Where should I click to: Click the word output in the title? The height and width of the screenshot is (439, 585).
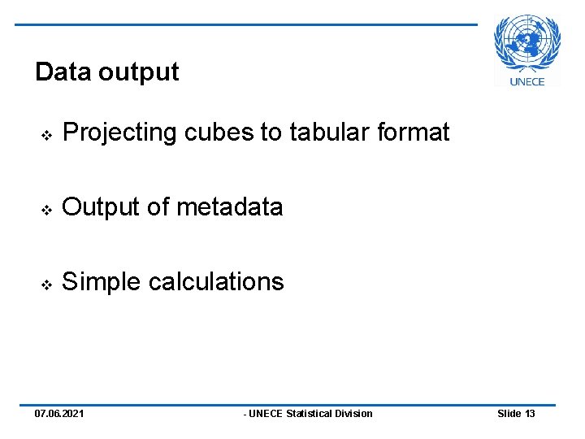138,73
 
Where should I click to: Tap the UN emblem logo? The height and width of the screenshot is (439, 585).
527,46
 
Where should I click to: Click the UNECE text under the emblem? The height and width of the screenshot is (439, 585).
527,81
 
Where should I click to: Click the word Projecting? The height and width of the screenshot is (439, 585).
120,133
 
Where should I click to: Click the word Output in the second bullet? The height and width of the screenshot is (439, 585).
101,207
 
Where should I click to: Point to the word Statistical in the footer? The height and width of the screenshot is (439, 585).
313,414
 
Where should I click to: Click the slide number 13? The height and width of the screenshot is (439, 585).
530,414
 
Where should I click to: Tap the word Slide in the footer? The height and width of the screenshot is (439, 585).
509,414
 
